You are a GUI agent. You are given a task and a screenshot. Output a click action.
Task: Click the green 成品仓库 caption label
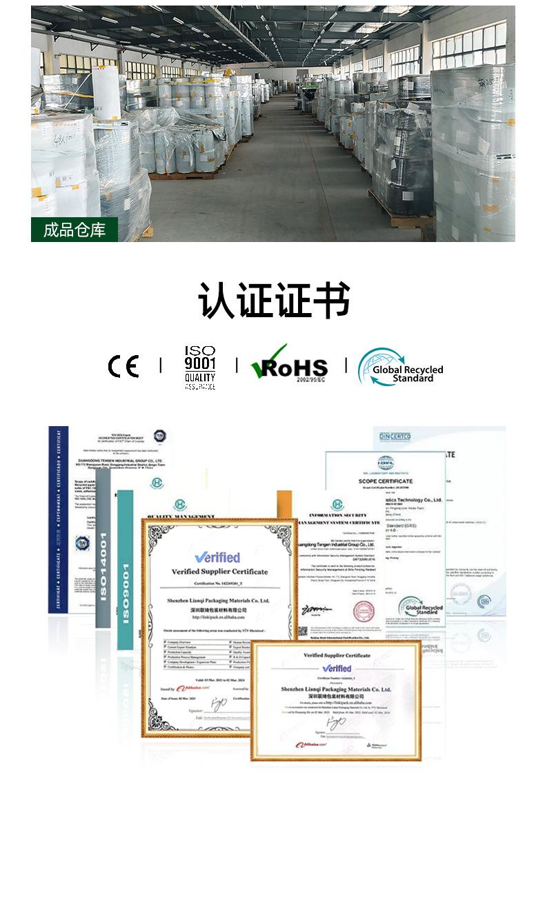point(75,230)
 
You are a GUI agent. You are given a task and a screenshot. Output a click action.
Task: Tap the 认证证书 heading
point(274,301)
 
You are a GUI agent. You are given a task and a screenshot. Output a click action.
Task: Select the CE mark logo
point(123,366)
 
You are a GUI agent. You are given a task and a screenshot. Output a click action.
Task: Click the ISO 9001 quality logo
point(200,368)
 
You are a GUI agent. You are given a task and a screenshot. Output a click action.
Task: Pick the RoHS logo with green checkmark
point(289,365)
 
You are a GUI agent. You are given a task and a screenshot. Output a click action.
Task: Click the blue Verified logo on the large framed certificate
point(217,557)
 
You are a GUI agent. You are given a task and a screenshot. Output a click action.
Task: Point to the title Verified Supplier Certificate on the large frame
point(219,572)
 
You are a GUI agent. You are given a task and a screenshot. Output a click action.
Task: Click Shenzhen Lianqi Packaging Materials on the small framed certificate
point(337,688)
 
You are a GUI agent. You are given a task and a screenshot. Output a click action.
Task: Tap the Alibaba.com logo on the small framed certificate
point(311,745)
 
